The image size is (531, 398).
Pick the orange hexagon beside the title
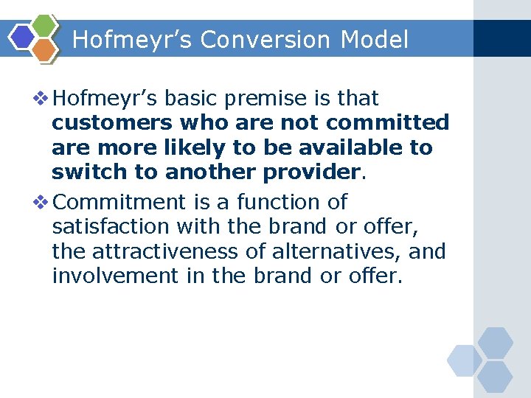click(x=45, y=49)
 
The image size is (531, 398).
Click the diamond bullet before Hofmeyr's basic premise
click(x=42, y=98)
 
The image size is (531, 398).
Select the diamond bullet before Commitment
click(x=42, y=202)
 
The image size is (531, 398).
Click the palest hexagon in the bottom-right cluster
click(x=464, y=360)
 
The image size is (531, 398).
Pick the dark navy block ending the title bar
click(x=502, y=38)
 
